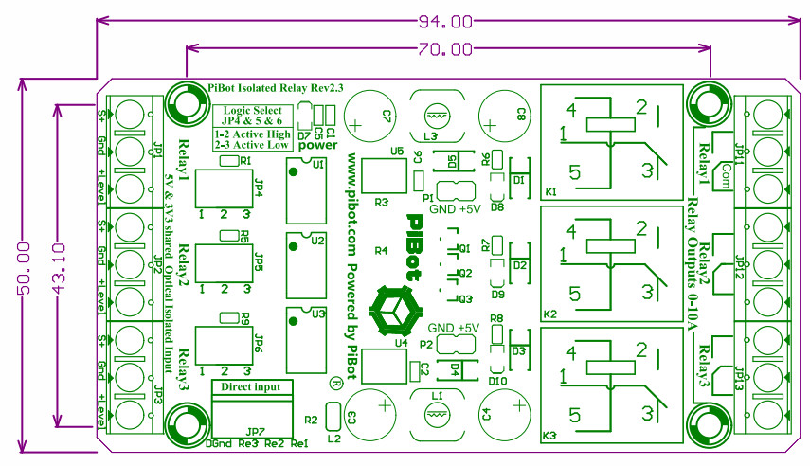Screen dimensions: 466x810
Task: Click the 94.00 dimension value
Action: click(445, 20)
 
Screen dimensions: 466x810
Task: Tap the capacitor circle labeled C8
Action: click(503, 116)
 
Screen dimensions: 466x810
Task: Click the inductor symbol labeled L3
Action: click(436, 116)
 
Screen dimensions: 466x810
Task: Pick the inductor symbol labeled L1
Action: click(436, 414)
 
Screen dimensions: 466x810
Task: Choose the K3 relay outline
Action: click(611, 386)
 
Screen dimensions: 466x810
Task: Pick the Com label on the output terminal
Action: click(729, 170)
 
